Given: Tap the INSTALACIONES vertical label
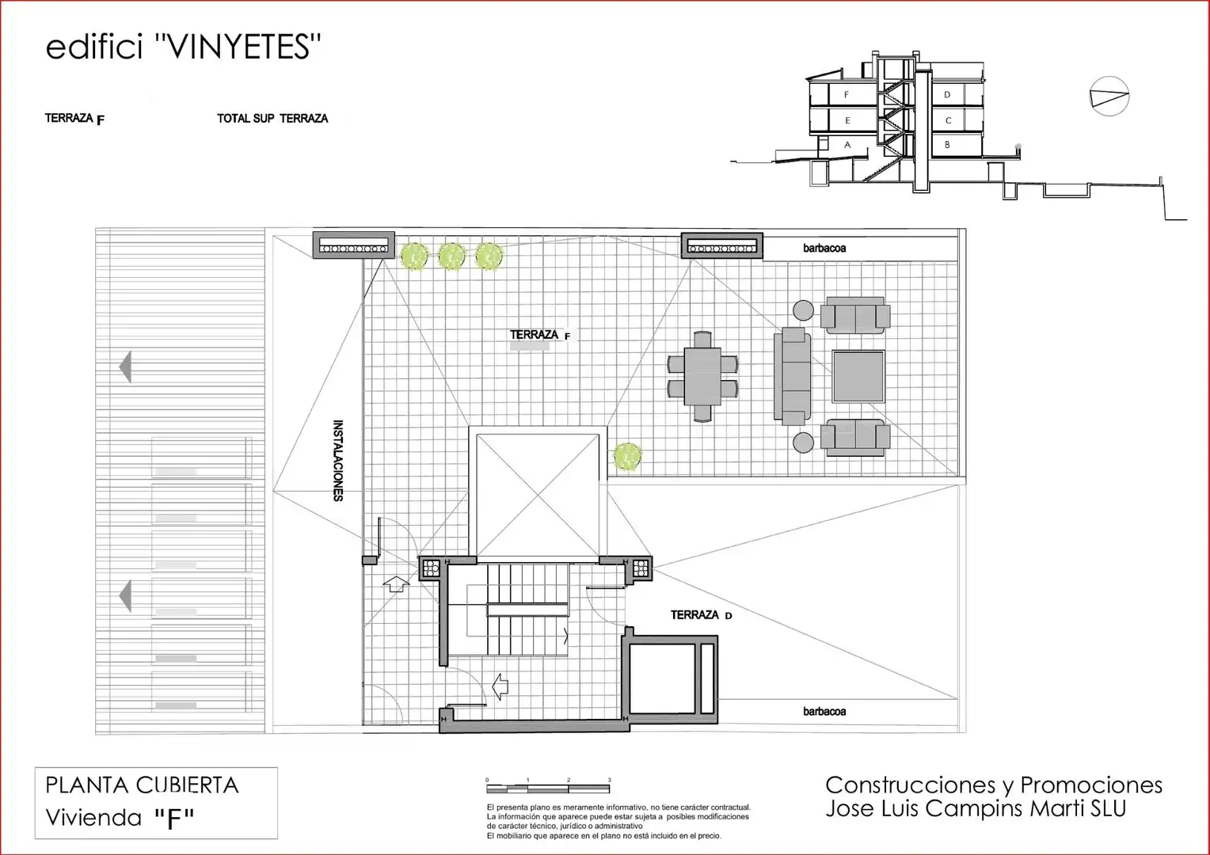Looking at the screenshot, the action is point(338,460).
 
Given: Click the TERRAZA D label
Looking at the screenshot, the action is point(701,614).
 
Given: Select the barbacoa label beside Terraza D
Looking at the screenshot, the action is point(824,712).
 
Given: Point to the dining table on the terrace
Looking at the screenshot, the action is point(702,376).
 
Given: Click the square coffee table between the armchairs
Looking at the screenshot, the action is point(858,377).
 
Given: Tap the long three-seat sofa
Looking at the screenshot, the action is point(793,376).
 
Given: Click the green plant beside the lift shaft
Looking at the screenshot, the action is point(627,457).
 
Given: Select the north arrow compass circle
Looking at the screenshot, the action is point(1109,96).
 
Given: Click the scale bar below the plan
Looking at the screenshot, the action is point(548,788).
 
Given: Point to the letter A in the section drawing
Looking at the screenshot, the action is point(847,145).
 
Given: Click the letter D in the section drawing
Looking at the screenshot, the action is point(947,94).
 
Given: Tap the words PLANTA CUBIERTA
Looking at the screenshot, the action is point(142,785).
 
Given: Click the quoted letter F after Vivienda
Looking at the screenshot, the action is point(174,819).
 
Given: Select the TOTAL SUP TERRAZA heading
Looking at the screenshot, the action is point(272,118).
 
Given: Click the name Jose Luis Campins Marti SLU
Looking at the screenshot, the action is point(976,808).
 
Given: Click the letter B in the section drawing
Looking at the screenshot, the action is point(947,145).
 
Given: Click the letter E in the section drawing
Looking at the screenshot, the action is point(847,120).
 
